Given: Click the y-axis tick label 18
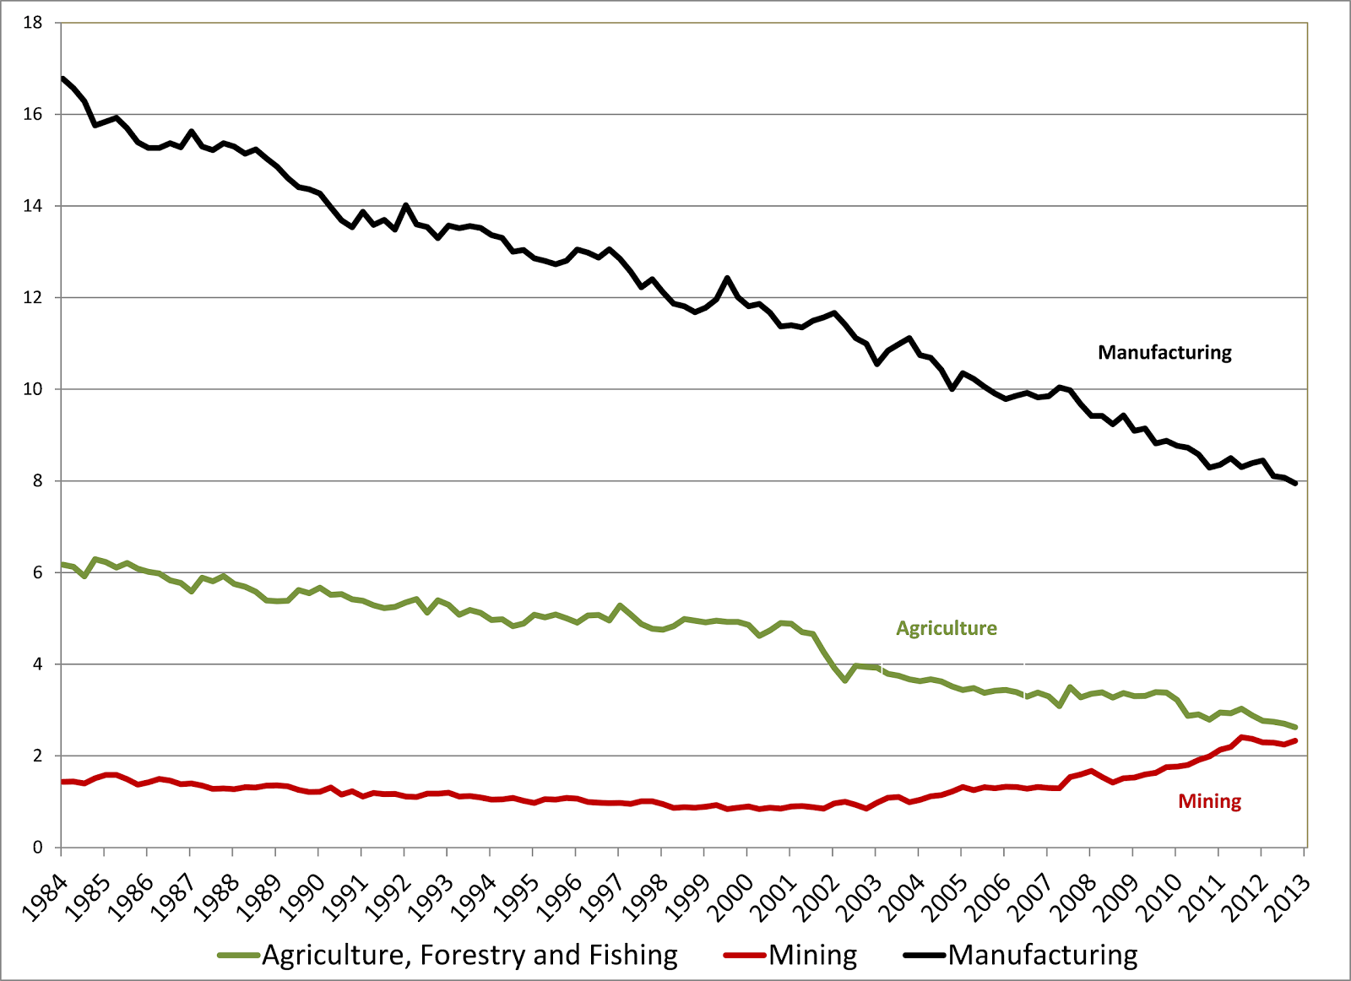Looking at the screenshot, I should [33, 23].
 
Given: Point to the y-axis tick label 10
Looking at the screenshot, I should [33, 389].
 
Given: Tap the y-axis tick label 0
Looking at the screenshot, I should [37, 848].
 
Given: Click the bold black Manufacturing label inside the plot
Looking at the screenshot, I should [1164, 353].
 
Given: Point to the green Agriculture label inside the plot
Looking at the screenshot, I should [947, 628].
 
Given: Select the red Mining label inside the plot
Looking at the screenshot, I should [1209, 801].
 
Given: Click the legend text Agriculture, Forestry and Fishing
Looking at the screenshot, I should [469, 955].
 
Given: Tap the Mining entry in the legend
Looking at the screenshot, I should [813, 955].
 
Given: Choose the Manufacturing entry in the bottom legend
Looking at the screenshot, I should [1043, 955].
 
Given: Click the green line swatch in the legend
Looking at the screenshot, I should [239, 956].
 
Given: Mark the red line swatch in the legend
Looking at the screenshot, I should [746, 956].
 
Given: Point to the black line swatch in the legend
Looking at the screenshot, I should [925, 956].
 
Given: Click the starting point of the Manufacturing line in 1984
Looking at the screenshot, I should [63, 79].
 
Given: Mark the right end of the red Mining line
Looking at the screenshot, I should [1295, 740].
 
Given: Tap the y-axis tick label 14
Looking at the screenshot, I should [33, 206].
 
